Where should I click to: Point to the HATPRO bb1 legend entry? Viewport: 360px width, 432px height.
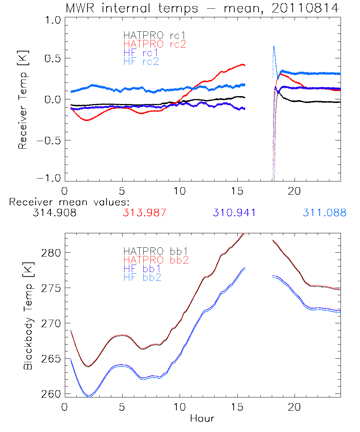[156, 251]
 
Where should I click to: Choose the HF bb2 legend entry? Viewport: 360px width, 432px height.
[142, 277]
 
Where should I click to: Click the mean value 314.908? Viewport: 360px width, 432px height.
[54, 213]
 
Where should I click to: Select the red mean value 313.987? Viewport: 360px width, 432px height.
[144, 213]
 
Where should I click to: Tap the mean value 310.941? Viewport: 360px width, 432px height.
[234, 213]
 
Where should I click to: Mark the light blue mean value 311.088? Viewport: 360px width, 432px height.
[324, 213]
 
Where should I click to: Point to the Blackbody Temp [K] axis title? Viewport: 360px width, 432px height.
[28, 315]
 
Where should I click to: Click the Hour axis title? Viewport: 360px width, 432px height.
[202, 418]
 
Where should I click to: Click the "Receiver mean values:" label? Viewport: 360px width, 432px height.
[69, 202]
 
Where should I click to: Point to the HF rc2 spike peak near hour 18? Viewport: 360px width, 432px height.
[274, 46]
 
